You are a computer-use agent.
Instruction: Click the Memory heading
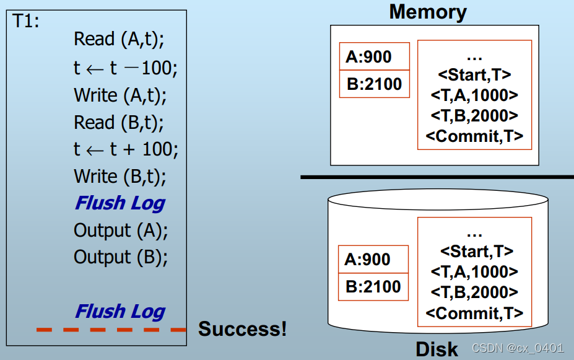(x=428, y=12)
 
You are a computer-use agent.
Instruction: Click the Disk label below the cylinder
(x=437, y=349)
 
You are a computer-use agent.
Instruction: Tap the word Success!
(x=242, y=328)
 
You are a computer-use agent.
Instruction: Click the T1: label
(x=26, y=22)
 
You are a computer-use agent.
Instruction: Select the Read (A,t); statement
(x=120, y=39)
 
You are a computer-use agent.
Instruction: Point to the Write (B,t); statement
(x=120, y=176)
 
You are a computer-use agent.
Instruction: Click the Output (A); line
(x=121, y=230)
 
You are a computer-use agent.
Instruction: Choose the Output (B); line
(x=121, y=257)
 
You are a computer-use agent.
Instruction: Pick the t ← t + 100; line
(x=126, y=149)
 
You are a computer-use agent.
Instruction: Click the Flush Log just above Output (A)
(x=120, y=203)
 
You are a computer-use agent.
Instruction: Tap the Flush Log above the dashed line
(x=120, y=311)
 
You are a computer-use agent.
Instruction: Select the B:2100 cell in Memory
(x=374, y=84)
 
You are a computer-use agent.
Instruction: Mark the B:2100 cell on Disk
(x=373, y=286)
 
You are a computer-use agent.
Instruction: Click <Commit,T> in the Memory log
(x=474, y=136)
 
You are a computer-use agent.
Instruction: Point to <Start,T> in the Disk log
(x=476, y=252)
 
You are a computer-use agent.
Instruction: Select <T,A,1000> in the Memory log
(x=474, y=95)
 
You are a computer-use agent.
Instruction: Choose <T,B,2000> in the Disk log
(x=474, y=292)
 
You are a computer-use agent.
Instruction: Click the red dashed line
(x=111, y=329)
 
